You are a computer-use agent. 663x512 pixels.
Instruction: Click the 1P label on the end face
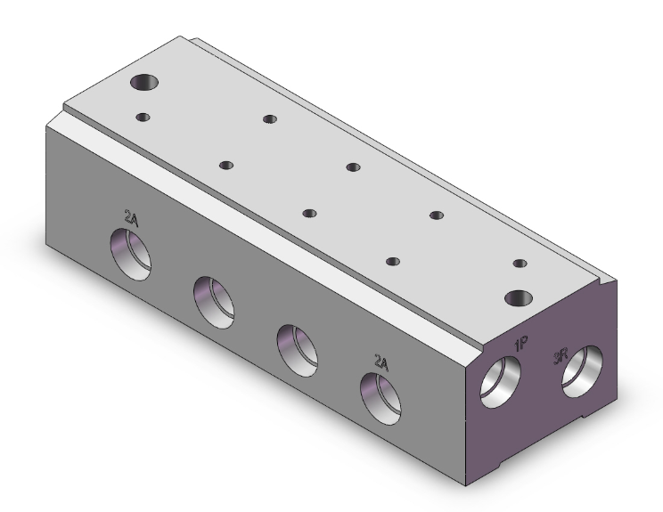tap(521, 345)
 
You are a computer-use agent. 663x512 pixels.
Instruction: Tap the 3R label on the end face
tap(561, 357)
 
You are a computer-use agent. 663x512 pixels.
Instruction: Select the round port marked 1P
tap(500, 382)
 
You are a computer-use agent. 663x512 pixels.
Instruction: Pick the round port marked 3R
tap(582, 371)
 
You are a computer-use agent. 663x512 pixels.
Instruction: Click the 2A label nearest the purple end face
tap(381, 362)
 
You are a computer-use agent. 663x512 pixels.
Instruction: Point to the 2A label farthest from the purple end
tap(131, 217)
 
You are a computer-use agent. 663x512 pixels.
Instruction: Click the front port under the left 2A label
tap(131, 255)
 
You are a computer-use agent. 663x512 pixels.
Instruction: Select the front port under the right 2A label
tap(381, 399)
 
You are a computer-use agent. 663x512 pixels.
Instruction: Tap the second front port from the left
tap(214, 303)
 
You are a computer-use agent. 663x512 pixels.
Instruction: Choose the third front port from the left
tap(298, 351)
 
